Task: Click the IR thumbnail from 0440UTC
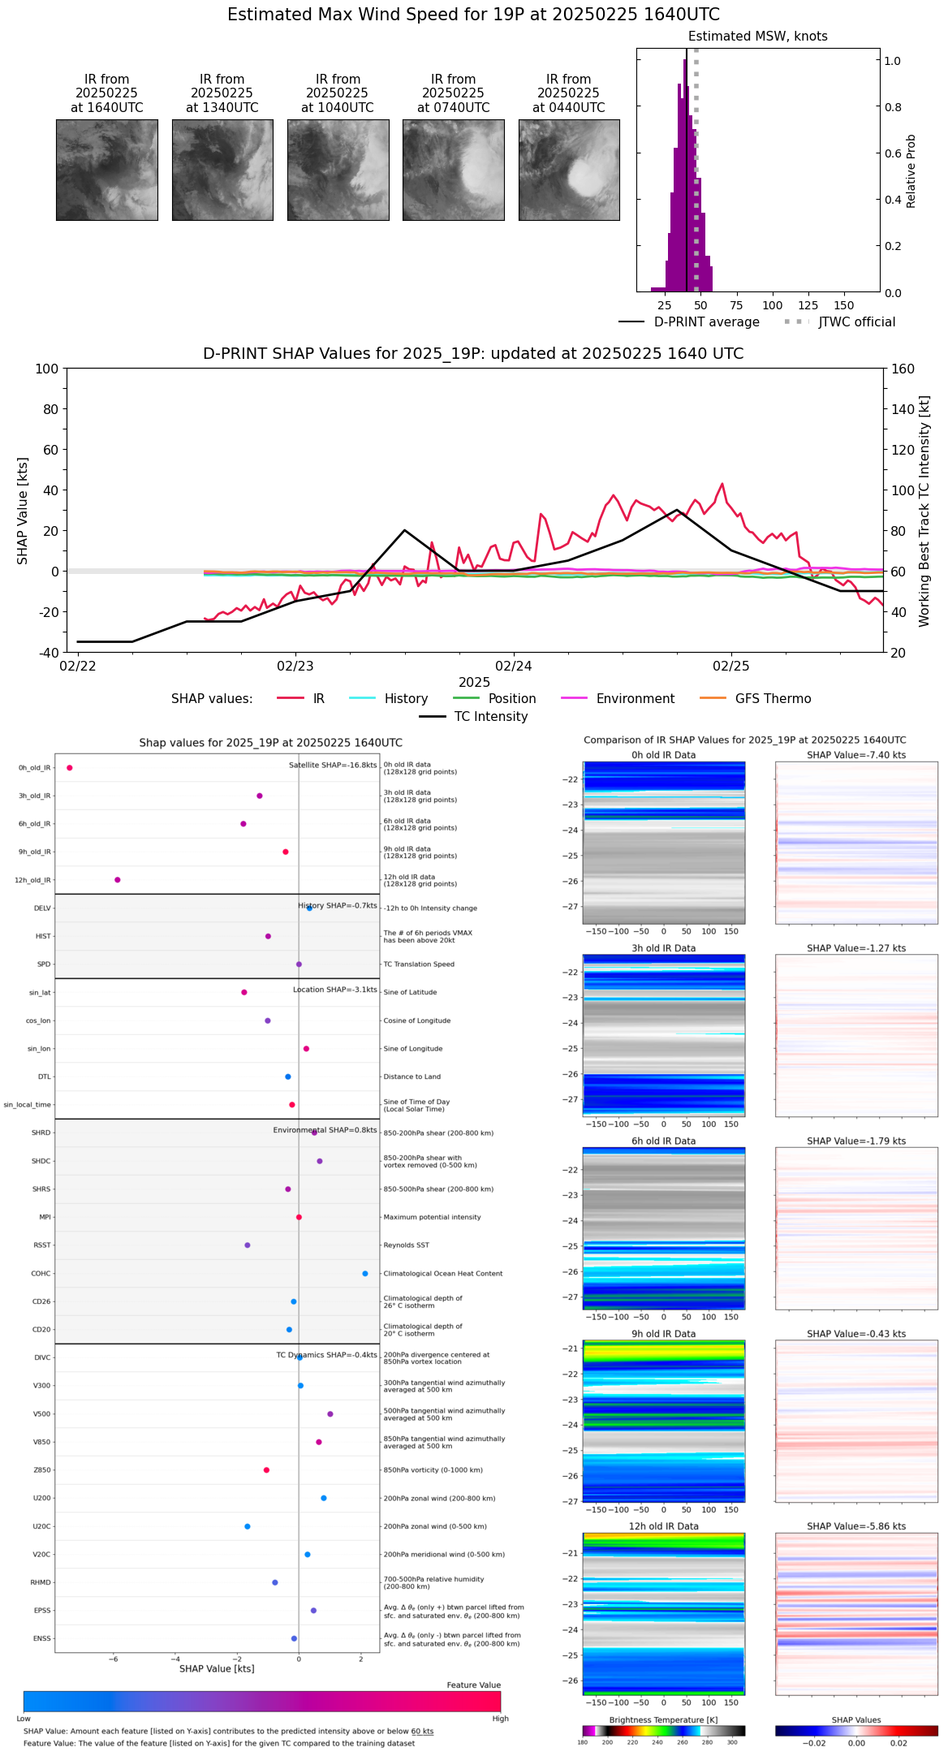(x=569, y=170)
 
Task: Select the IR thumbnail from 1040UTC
(x=338, y=170)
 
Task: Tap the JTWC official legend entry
(x=856, y=322)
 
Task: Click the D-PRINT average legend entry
(x=706, y=322)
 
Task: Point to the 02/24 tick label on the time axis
(x=513, y=667)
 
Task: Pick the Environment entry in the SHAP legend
(x=635, y=699)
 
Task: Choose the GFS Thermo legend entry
(x=773, y=699)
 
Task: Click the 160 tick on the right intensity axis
(x=903, y=369)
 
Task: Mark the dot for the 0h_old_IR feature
(x=70, y=767)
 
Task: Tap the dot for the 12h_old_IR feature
(x=118, y=879)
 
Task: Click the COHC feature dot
(x=365, y=1273)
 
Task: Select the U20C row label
(x=41, y=1526)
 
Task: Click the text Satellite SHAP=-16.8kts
(x=333, y=765)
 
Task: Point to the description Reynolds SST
(x=406, y=1245)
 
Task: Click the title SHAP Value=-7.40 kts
(x=856, y=755)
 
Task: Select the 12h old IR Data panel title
(x=663, y=1526)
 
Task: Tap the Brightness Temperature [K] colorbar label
(x=663, y=1720)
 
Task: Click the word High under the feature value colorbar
(x=500, y=1718)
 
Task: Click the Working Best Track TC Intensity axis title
(x=924, y=511)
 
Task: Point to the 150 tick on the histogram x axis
(x=844, y=305)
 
